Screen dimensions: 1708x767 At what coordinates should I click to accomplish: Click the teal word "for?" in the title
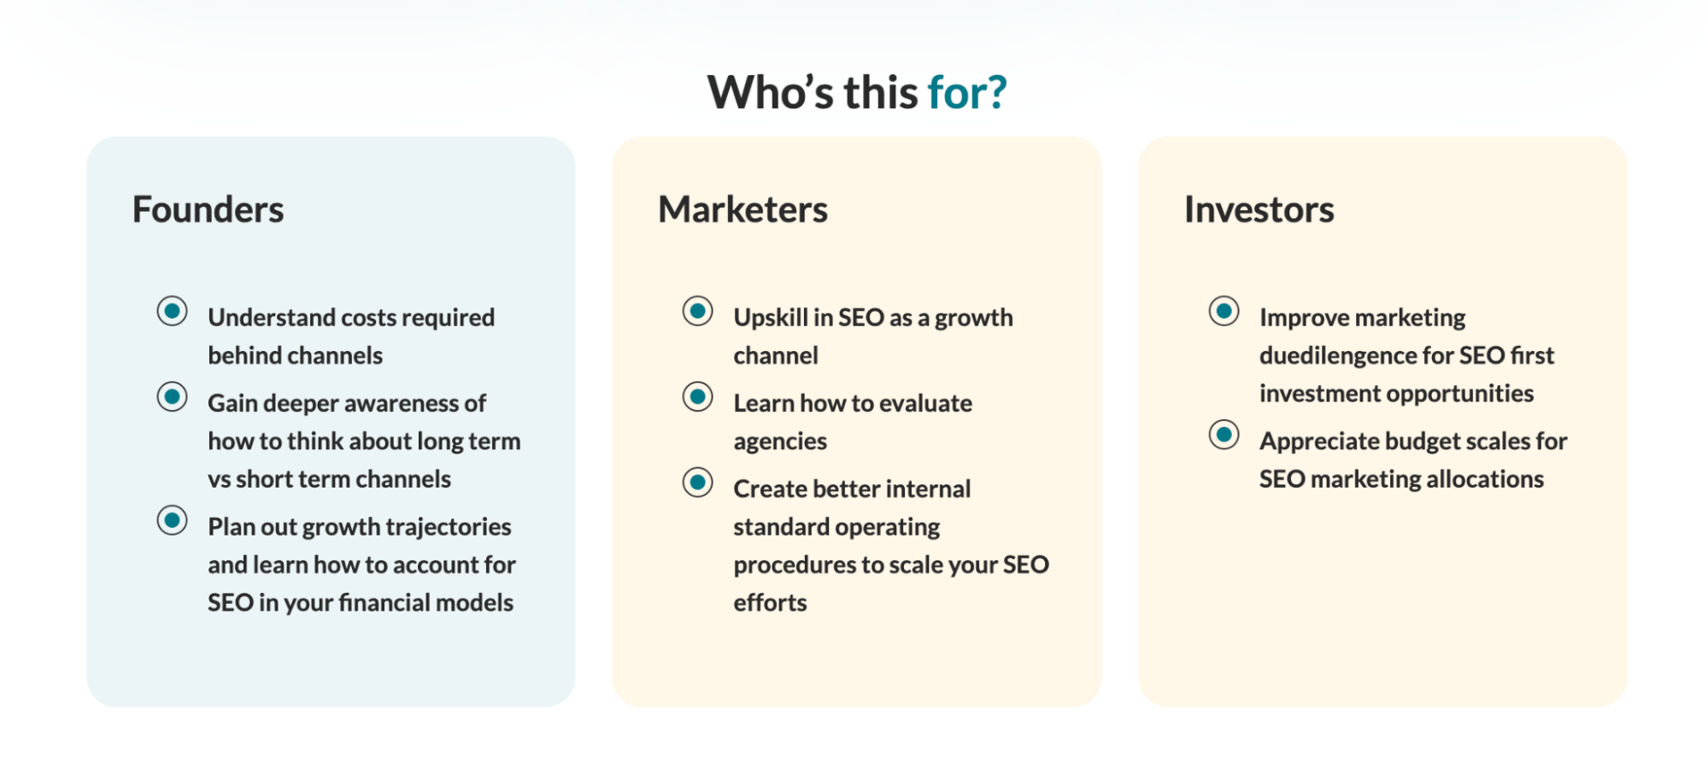coord(967,92)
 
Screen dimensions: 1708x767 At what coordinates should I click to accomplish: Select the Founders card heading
coord(208,209)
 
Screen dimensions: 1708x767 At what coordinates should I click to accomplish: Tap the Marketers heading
coord(742,209)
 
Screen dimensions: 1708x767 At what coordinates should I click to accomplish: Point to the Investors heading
coord(1259,209)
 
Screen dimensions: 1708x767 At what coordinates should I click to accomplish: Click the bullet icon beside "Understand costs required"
coord(172,311)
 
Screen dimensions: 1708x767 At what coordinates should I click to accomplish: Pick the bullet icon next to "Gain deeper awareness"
coord(172,396)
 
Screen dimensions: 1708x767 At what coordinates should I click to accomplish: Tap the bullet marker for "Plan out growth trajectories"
coord(172,520)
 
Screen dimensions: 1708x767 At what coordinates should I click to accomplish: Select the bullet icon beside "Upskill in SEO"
coord(697,311)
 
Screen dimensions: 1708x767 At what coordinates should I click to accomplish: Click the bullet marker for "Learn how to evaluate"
coord(697,396)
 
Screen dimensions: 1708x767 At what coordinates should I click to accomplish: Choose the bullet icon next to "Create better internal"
coord(697,482)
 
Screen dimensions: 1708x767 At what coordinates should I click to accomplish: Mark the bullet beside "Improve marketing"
coord(1224,311)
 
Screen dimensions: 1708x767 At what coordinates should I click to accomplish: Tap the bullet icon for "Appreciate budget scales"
coord(1224,434)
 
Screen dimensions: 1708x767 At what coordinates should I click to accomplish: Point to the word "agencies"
coord(780,442)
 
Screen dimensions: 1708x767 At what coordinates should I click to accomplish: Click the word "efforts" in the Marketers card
coord(770,602)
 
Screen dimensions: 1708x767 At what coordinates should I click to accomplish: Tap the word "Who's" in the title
coord(770,92)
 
